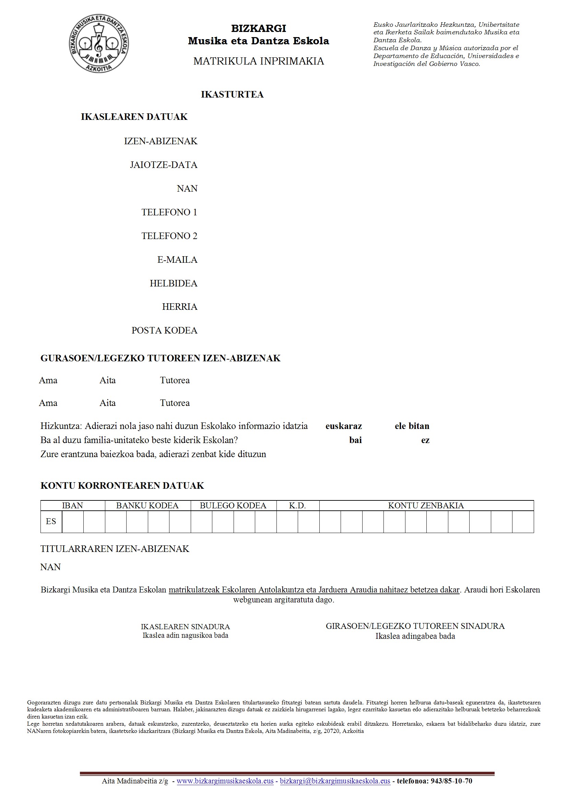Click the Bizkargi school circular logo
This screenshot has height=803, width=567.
pos(99,44)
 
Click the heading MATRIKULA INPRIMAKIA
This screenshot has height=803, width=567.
pos(259,61)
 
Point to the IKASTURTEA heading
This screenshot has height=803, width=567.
pos(232,94)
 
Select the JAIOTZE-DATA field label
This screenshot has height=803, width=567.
pos(164,165)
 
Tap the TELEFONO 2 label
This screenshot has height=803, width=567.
pos(169,236)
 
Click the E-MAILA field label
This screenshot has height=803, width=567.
pos(177,260)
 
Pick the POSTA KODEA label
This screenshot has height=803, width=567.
pos(164,330)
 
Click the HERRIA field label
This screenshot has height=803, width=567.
pos(180,307)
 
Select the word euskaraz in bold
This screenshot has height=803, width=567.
pos(343,426)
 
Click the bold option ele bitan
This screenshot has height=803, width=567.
pos(412,426)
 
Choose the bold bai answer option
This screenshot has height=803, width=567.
pos(355,440)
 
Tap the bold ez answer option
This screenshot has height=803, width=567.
pos(425,440)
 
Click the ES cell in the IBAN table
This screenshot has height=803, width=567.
pos(51,521)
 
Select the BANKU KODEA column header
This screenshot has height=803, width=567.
pos(147,505)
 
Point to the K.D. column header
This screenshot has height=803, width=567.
pos(297,505)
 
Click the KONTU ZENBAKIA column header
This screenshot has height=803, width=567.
pos(426,505)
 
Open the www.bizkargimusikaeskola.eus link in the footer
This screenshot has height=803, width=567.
pos(225,781)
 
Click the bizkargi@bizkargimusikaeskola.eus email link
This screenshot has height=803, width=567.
pos(335,781)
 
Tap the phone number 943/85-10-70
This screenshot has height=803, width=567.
pos(451,781)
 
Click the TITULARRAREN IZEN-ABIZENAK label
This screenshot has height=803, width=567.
pos(115,549)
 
